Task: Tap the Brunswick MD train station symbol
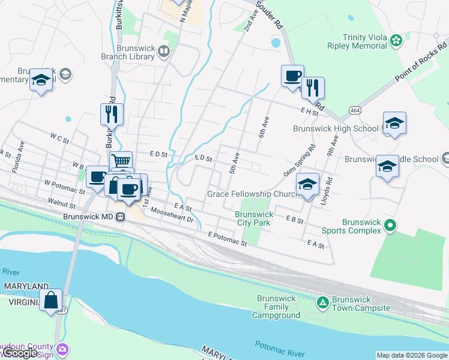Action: (x=121, y=217)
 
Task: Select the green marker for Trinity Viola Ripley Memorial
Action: (x=396, y=40)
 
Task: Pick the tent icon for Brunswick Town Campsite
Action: (x=322, y=301)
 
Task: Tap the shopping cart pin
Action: (x=121, y=161)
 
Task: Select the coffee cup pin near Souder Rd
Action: (x=292, y=76)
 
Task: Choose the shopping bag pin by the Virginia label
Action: (x=51, y=299)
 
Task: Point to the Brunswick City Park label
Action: (x=254, y=218)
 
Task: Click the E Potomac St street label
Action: (x=228, y=239)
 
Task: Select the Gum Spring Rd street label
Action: (x=299, y=161)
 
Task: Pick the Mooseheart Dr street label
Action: (x=172, y=215)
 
